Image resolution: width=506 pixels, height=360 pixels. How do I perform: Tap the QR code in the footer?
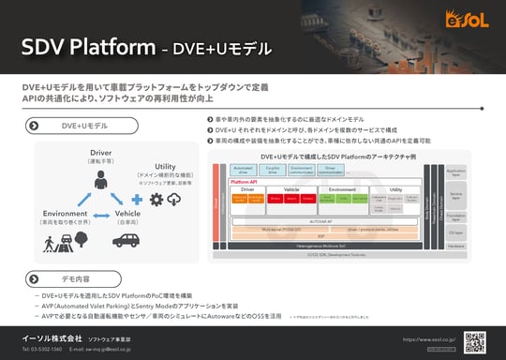pyautogui.click(x=476, y=339)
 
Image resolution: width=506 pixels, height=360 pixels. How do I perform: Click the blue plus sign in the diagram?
pyautogui.click(x=137, y=200)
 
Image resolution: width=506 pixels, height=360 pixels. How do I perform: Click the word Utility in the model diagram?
pyautogui.click(x=152, y=165)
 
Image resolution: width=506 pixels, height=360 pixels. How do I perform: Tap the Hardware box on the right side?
pyautogui.click(x=456, y=246)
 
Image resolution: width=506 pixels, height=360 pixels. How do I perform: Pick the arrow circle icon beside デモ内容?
pyautogui.click(x=35, y=279)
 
